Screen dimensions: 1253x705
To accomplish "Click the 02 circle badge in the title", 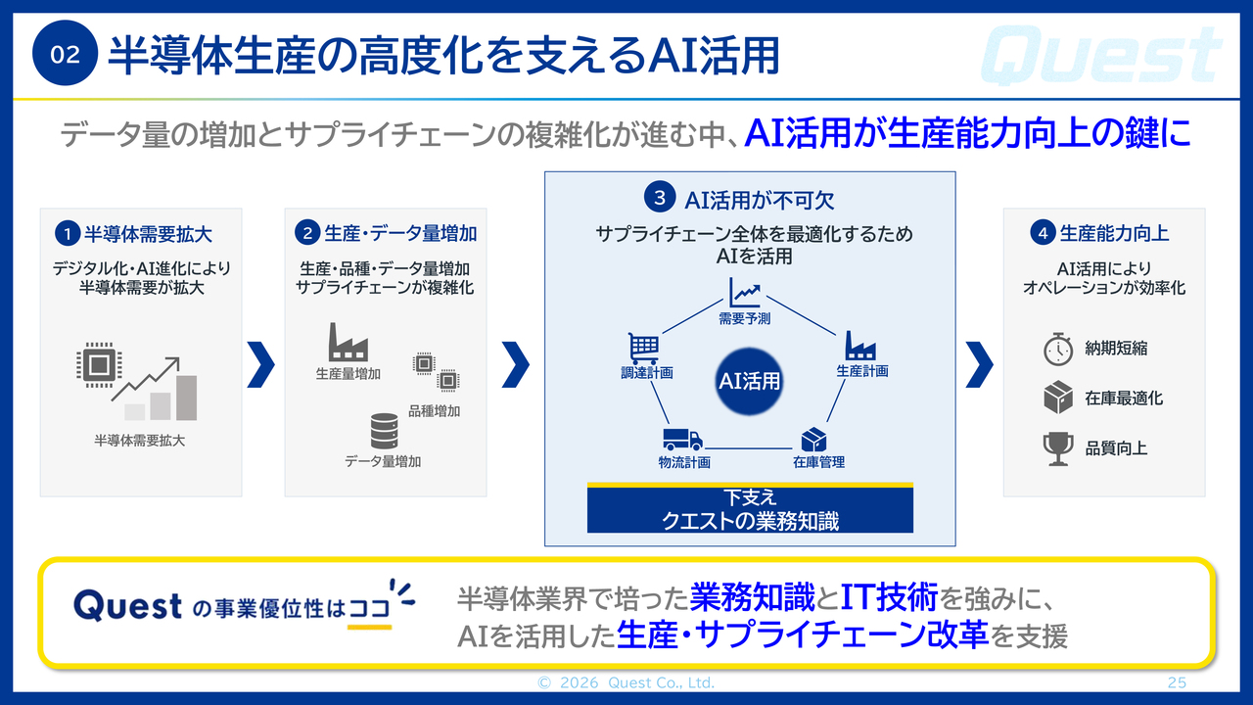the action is tap(65, 53).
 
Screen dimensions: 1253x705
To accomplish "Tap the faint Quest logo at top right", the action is tap(1101, 55).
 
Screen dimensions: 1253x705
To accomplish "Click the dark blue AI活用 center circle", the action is tap(749, 381).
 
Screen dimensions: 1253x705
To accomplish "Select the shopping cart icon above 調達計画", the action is tap(644, 349).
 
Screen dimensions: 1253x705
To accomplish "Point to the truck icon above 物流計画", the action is tap(682, 440).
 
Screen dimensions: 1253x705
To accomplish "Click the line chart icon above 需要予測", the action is tap(745, 293).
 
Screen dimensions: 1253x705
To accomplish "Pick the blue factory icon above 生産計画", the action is tap(860, 346).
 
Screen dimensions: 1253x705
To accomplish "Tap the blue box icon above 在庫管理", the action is tap(813, 440).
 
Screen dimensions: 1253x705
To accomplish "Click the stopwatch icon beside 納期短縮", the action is tap(1058, 350).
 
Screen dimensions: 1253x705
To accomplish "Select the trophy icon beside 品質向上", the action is tap(1058, 448).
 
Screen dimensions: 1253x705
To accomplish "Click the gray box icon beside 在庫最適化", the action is tap(1058, 398).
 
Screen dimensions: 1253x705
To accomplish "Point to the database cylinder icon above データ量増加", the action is tap(385, 431).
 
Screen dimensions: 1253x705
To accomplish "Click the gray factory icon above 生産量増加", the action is tap(348, 342).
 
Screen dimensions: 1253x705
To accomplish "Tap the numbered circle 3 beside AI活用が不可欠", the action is tap(660, 197).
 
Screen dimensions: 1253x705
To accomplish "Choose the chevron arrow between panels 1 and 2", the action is tap(260, 364).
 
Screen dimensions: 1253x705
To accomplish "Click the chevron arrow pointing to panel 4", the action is tap(979, 364).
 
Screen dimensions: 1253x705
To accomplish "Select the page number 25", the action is tap(1177, 682).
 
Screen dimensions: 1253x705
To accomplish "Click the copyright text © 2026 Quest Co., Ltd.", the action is tap(626, 682).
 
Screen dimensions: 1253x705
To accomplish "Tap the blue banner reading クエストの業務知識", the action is tap(750, 508).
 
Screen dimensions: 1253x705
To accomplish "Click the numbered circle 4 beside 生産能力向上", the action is tap(1043, 233).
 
